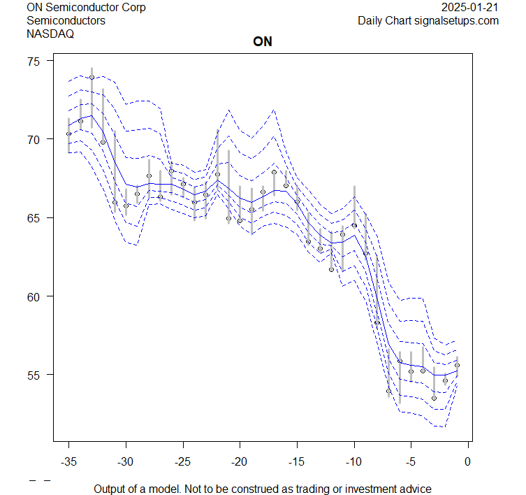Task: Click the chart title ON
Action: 263,42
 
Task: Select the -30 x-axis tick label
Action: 126,461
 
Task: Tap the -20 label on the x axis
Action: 240,461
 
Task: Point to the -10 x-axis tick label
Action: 353,461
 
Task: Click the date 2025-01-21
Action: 471,8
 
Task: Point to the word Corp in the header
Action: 133,8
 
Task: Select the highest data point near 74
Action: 92,78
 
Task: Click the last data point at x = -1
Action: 457,365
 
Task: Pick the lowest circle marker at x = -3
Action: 434,398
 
